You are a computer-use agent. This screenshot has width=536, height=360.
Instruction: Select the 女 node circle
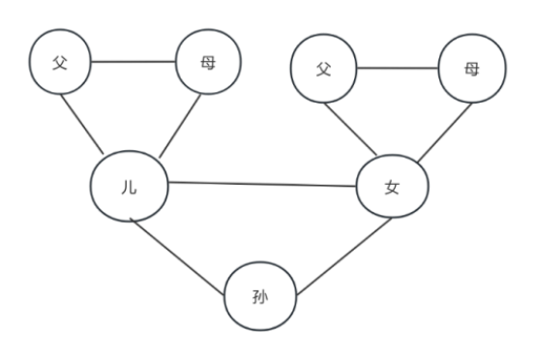pos(393,188)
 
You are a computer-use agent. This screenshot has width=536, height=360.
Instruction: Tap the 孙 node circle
pos(260,297)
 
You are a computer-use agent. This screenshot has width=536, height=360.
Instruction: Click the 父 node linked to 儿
pos(61,63)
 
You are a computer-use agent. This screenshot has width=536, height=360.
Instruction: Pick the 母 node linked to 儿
pos(207,63)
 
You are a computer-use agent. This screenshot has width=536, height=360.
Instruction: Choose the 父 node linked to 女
pos(325,70)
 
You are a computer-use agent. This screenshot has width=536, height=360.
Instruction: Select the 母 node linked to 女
pos(472,70)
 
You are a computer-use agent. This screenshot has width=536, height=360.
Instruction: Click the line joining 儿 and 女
pos(261,183)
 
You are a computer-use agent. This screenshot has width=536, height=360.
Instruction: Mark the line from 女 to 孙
pos(343,256)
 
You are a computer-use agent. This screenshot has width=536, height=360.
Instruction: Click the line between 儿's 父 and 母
pos(134,63)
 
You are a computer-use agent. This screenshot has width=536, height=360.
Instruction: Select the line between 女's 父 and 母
pos(399,70)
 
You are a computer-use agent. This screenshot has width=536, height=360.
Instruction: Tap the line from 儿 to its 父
pos(85,124)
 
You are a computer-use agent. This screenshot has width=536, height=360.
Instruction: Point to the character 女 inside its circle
pos(392,189)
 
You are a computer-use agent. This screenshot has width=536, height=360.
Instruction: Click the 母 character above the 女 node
pos(471,70)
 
